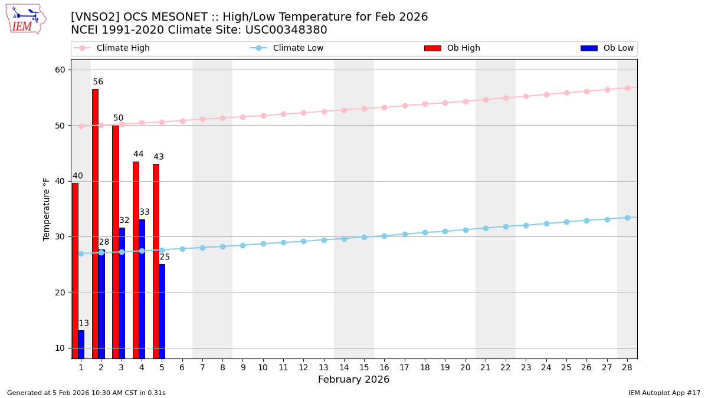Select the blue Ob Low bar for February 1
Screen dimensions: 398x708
pos(81,344)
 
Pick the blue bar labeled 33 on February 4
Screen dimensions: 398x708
pos(142,288)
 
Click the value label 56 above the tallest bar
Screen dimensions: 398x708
pos(98,82)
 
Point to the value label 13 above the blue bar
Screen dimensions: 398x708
pos(84,323)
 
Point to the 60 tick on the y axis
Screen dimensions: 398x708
pos(60,70)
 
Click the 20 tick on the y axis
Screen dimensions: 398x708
pos(60,292)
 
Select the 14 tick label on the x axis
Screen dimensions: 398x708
pos(344,367)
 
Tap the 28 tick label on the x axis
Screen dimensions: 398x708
pos(627,367)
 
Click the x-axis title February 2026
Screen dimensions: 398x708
pos(354,380)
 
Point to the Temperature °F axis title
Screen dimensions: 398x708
pos(47,209)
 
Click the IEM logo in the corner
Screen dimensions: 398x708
pos(25,19)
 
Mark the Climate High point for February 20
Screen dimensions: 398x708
pos(466,101)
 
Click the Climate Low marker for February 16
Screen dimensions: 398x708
pos(384,236)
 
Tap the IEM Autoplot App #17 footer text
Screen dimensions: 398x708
pos(664,393)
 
